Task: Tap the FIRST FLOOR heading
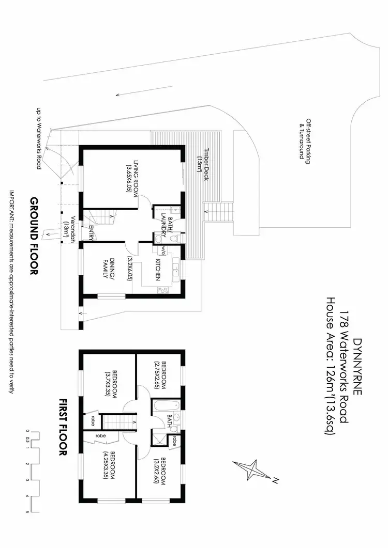[x=63, y=427]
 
